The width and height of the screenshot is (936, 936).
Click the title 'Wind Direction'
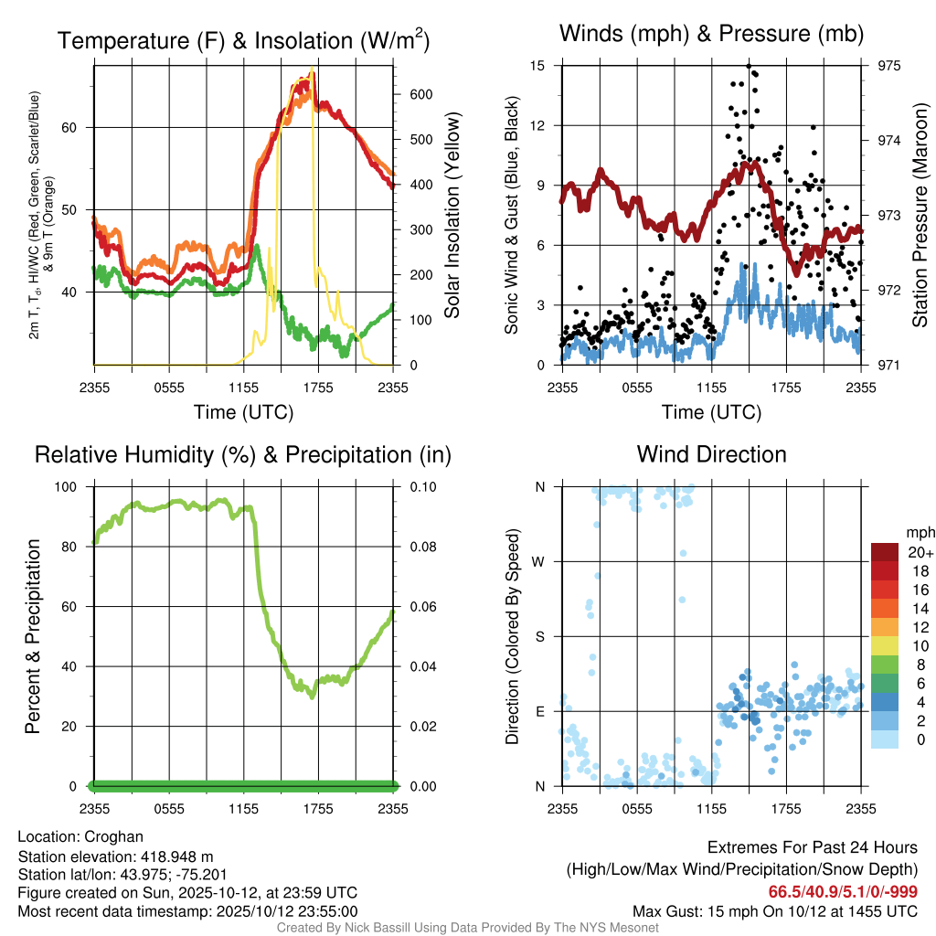point(711,453)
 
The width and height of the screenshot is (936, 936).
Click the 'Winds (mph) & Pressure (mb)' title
point(711,34)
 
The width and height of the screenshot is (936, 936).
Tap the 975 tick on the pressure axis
point(888,66)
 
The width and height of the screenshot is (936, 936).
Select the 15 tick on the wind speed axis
point(537,66)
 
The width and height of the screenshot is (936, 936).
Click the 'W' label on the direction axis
point(540,561)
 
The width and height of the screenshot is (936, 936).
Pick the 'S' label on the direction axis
point(540,636)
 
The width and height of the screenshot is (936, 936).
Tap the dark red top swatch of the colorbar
point(885,552)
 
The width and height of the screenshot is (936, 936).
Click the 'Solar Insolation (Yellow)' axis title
point(452,216)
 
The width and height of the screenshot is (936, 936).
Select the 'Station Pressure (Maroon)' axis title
point(920,216)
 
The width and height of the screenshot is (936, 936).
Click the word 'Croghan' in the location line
point(113,836)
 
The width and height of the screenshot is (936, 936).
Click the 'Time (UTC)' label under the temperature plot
point(243,412)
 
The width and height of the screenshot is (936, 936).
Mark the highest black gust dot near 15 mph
point(749,66)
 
